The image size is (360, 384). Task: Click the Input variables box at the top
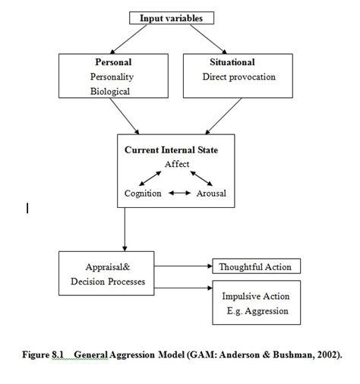[176, 18]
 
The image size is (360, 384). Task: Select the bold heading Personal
[112, 62]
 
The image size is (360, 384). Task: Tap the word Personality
[112, 77]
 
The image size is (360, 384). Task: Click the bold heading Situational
[232, 62]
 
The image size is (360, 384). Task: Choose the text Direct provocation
[238, 77]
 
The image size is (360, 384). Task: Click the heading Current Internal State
[171, 150]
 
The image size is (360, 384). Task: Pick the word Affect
[177, 164]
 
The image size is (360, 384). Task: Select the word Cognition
[143, 194]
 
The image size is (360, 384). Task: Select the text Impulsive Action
[255, 296]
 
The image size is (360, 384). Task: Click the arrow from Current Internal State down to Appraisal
[125, 231]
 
